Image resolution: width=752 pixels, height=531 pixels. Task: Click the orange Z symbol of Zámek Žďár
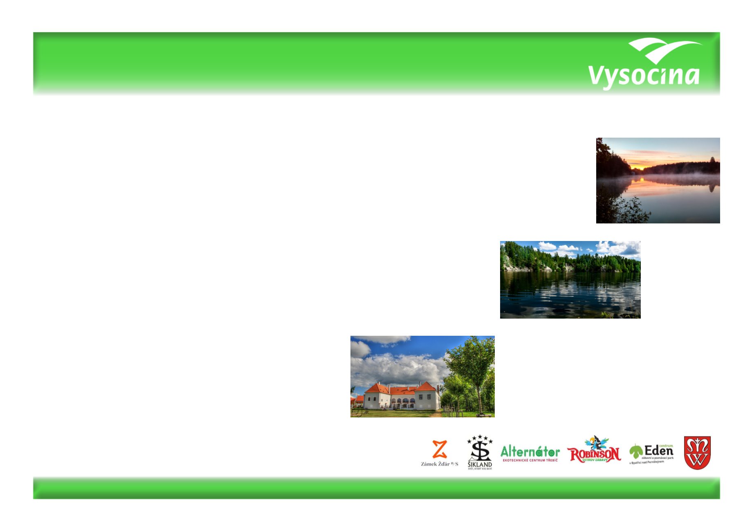pyautogui.click(x=439, y=449)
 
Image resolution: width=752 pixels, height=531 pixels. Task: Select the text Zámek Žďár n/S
pyautogui.click(x=439, y=464)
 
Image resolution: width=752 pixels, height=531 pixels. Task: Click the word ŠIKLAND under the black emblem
pyautogui.click(x=480, y=464)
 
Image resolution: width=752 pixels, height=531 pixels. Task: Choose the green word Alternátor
pyautogui.click(x=530, y=451)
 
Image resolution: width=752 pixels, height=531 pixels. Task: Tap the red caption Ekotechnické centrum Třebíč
pyautogui.click(x=530, y=461)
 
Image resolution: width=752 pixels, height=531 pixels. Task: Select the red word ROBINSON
pyautogui.click(x=594, y=453)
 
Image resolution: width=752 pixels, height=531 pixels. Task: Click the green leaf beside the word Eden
pyautogui.click(x=635, y=451)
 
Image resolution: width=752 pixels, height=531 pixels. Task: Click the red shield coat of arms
pyautogui.click(x=697, y=453)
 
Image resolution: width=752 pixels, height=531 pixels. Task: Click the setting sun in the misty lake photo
pyautogui.click(x=638, y=167)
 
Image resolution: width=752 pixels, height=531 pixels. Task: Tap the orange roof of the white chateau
pyautogui.click(x=401, y=389)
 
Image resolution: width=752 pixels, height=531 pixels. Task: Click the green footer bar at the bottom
pyautogui.click(x=376, y=488)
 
